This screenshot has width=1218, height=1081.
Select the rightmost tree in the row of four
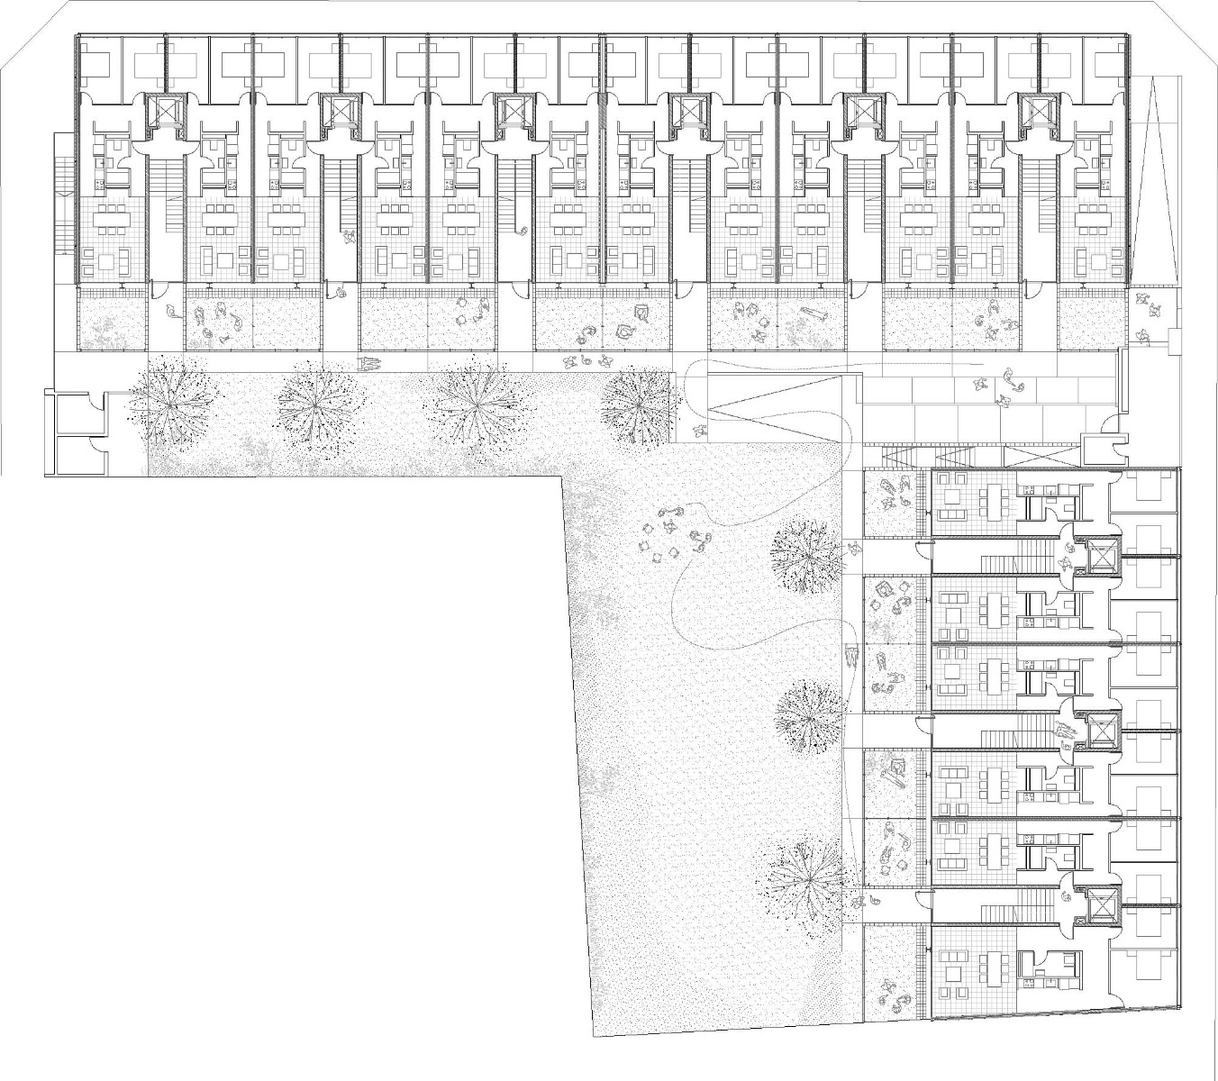(638, 404)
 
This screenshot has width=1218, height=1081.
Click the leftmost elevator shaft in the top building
(166, 113)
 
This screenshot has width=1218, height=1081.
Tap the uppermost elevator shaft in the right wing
(1101, 558)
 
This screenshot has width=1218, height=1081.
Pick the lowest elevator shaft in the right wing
(1101, 905)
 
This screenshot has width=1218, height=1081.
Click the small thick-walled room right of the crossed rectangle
(1102, 450)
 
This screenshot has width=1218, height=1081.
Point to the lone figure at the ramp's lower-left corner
(699, 432)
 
